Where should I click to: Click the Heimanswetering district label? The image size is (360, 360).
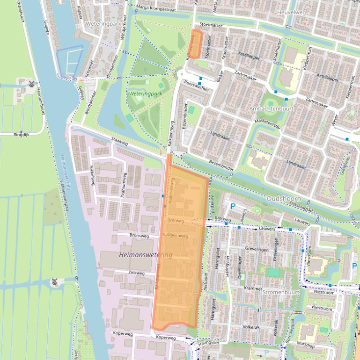[x=146, y=255]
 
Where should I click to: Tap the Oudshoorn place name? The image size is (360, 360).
[x=282, y=199]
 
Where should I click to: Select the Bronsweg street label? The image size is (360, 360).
[x=139, y=235]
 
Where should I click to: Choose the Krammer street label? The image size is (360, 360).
[x=253, y=288]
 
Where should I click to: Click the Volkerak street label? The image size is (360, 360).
[x=251, y=327]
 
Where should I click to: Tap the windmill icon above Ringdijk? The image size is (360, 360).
[x=31, y=84]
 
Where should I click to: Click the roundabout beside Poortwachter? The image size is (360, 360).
[x=181, y=74]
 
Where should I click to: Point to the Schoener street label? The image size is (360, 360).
[x=89, y=67]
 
